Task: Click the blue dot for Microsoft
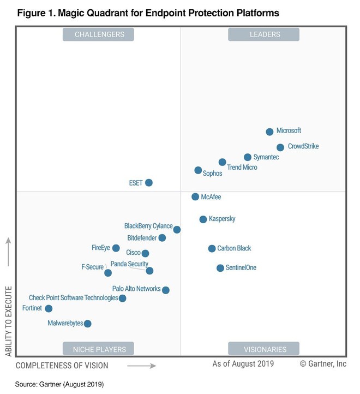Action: [269, 132]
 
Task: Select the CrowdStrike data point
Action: [280, 147]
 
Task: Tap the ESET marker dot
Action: [149, 183]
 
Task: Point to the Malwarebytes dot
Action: [88, 324]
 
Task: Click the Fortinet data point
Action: [49, 309]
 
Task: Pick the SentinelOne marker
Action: [220, 268]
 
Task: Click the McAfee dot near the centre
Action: [195, 196]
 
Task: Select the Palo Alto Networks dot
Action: [166, 290]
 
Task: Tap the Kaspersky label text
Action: [222, 219]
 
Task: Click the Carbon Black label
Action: [234, 248]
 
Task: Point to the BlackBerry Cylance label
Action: [148, 226]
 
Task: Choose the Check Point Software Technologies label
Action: [73, 298]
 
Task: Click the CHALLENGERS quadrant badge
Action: [99, 34]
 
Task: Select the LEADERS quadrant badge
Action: [265, 34]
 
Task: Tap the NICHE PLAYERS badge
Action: [99, 349]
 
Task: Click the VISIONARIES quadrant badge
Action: [265, 349]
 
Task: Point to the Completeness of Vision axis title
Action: [62, 365]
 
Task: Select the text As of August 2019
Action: [243, 363]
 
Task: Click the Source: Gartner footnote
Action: [59, 384]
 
